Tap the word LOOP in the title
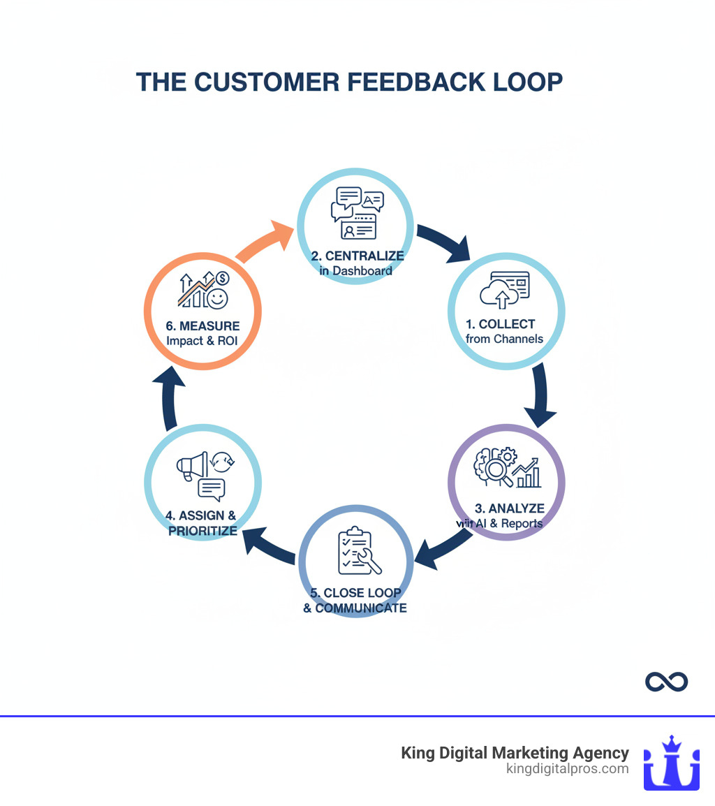[529, 82]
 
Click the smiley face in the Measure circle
[217, 299]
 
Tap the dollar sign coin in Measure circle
[222, 279]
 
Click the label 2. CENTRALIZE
[357, 256]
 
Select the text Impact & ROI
[202, 341]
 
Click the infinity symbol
[666, 681]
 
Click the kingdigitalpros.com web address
[567, 769]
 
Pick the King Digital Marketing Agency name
[515, 753]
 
